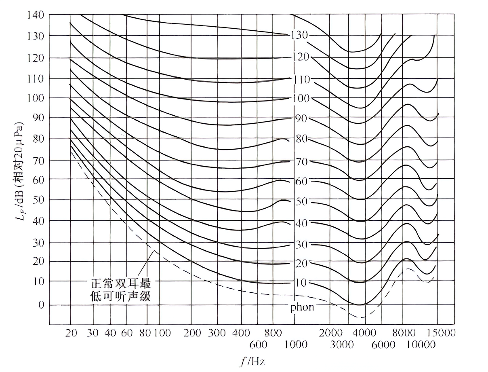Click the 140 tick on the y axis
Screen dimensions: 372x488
(x=36, y=15)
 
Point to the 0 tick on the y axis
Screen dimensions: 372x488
(x=41, y=304)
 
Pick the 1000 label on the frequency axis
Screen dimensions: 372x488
(x=296, y=345)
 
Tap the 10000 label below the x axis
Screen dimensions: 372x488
(x=420, y=345)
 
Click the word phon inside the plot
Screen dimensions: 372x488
(x=302, y=307)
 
